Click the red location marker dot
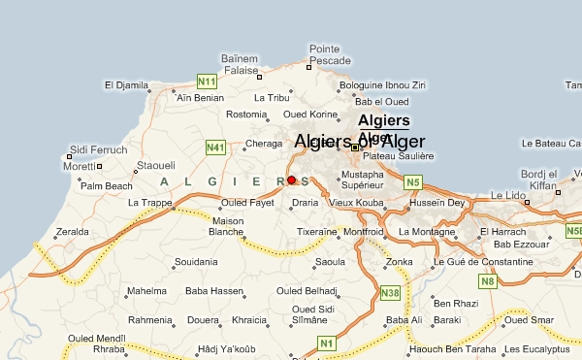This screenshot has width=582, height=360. [291, 180]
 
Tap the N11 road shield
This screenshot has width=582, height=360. [206, 81]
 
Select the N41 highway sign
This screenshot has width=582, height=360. [215, 147]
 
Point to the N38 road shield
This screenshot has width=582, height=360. [391, 293]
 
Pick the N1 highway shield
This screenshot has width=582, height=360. [326, 343]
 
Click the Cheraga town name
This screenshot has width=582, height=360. [263, 144]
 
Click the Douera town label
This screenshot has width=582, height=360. [204, 319]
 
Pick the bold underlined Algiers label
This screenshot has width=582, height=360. [383, 120]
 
